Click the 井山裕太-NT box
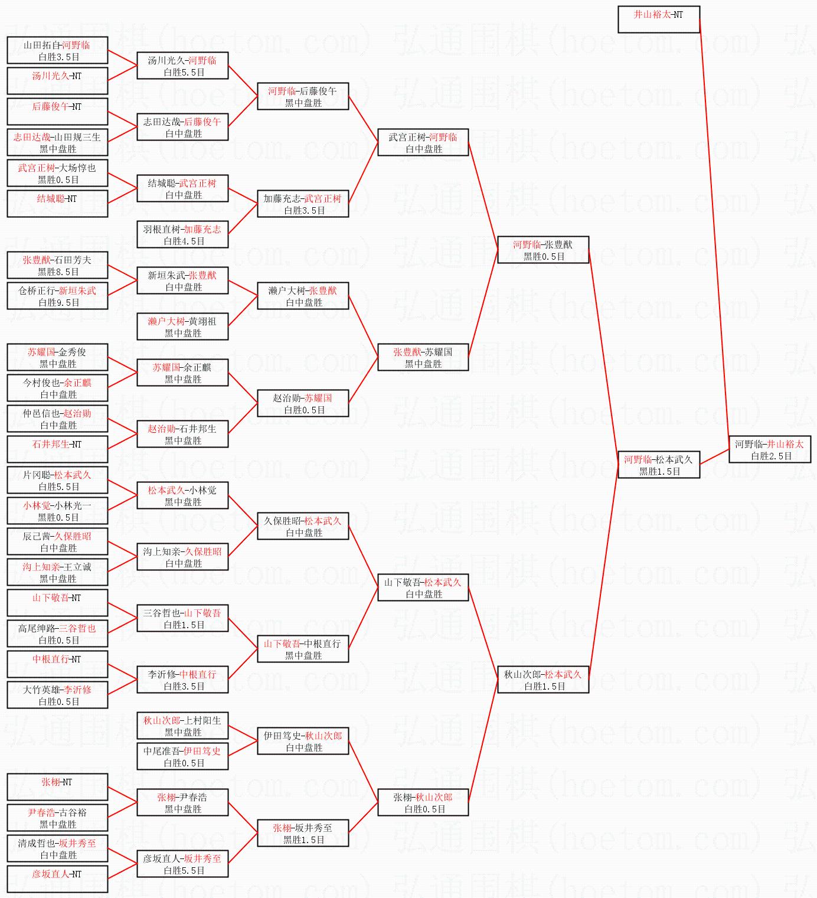click(658, 19)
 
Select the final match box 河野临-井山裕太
click(769, 449)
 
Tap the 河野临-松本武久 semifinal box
click(658, 465)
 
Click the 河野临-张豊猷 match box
click(543, 250)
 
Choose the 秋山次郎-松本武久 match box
click(543, 680)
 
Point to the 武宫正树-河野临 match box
click(423, 142)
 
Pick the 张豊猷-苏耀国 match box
click(423, 357)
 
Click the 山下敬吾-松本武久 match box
click(423, 587)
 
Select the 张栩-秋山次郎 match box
click(423, 802)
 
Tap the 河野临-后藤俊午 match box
click(302, 96)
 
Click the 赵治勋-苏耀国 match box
click(302, 403)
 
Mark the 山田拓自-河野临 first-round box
click(57, 50)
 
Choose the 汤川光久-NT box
click(57, 81)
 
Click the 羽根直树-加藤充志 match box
click(182, 234)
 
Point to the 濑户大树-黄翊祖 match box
click(182, 326)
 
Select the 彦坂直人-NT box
click(57, 879)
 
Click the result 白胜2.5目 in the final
click(771, 456)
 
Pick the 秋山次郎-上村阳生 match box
click(182, 726)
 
